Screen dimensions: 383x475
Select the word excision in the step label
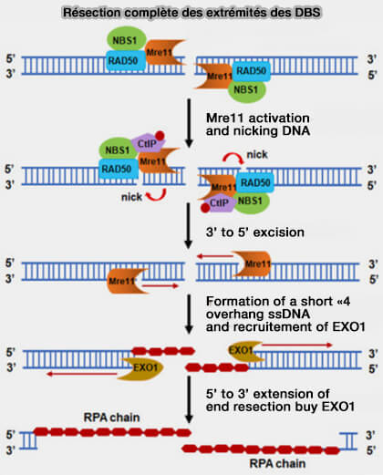(x=279, y=232)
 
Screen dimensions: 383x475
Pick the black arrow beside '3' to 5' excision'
(x=189, y=225)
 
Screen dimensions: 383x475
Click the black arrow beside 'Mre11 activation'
(x=189, y=123)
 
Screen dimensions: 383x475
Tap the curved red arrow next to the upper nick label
(x=233, y=157)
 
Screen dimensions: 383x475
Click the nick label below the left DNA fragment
(x=131, y=197)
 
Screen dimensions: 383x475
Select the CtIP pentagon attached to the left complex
(x=148, y=142)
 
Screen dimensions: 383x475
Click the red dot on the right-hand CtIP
(x=205, y=208)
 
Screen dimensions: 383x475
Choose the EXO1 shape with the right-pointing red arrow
(x=245, y=351)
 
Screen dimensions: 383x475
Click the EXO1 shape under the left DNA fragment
(x=141, y=368)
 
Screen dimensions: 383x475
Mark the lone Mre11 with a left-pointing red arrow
(x=253, y=263)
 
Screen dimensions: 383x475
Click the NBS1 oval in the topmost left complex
(x=127, y=39)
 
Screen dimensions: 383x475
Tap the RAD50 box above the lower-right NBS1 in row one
(x=251, y=71)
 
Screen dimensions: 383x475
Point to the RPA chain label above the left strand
(x=111, y=418)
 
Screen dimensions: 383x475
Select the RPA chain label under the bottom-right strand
(x=277, y=463)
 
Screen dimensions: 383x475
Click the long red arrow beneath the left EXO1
(x=82, y=374)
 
